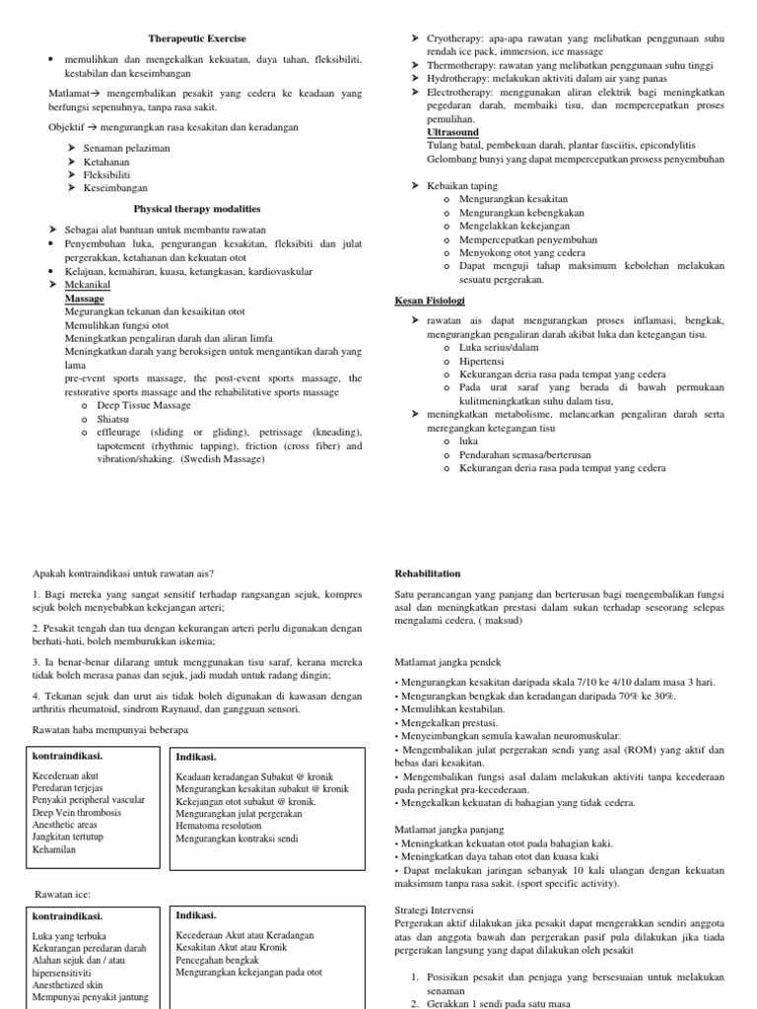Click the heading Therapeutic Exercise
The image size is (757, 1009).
(x=197, y=38)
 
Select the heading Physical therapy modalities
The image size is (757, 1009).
(x=197, y=208)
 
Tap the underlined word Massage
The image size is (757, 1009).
(x=84, y=298)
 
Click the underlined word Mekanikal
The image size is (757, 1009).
(x=88, y=285)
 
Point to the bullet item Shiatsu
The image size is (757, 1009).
(x=113, y=419)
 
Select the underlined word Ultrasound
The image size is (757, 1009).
(x=452, y=132)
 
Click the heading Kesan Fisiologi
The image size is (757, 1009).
(x=430, y=300)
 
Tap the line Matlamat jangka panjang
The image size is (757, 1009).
(x=449, y=830)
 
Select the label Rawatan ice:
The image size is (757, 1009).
(x=63, y=894)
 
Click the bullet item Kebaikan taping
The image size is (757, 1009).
(x=462, y=185)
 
